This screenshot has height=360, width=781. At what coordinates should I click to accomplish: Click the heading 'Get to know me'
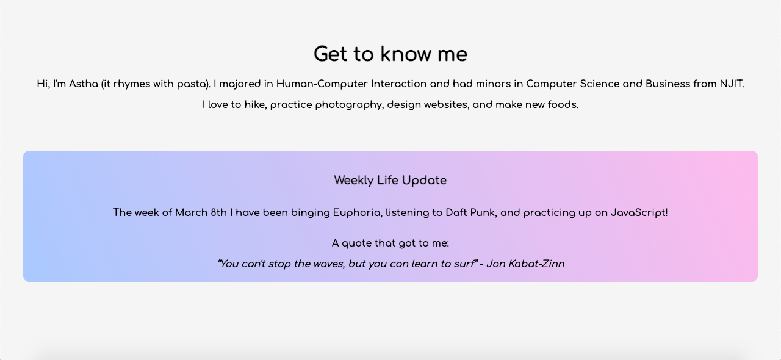390,54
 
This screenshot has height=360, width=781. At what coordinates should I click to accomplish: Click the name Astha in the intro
84,84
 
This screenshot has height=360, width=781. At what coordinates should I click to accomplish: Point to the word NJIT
731,84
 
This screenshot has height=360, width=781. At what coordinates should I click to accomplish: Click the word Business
668,84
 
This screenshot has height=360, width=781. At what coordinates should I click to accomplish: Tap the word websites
447,105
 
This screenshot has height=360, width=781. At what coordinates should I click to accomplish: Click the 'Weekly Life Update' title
390,181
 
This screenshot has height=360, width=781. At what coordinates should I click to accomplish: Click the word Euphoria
357,213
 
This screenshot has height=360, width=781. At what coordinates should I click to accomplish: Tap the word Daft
457,213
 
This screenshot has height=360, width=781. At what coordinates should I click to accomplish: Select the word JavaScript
639,213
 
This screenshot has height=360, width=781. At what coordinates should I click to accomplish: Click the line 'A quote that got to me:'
390,243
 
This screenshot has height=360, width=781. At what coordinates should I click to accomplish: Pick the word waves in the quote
328,264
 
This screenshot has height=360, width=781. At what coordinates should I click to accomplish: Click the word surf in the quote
464,264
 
